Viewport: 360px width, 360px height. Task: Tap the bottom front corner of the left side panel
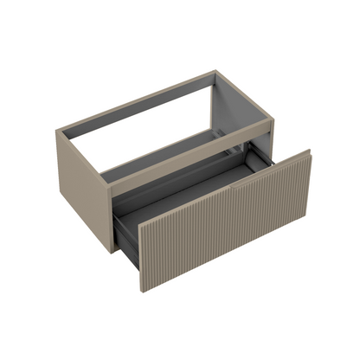click(x=110, y=253)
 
